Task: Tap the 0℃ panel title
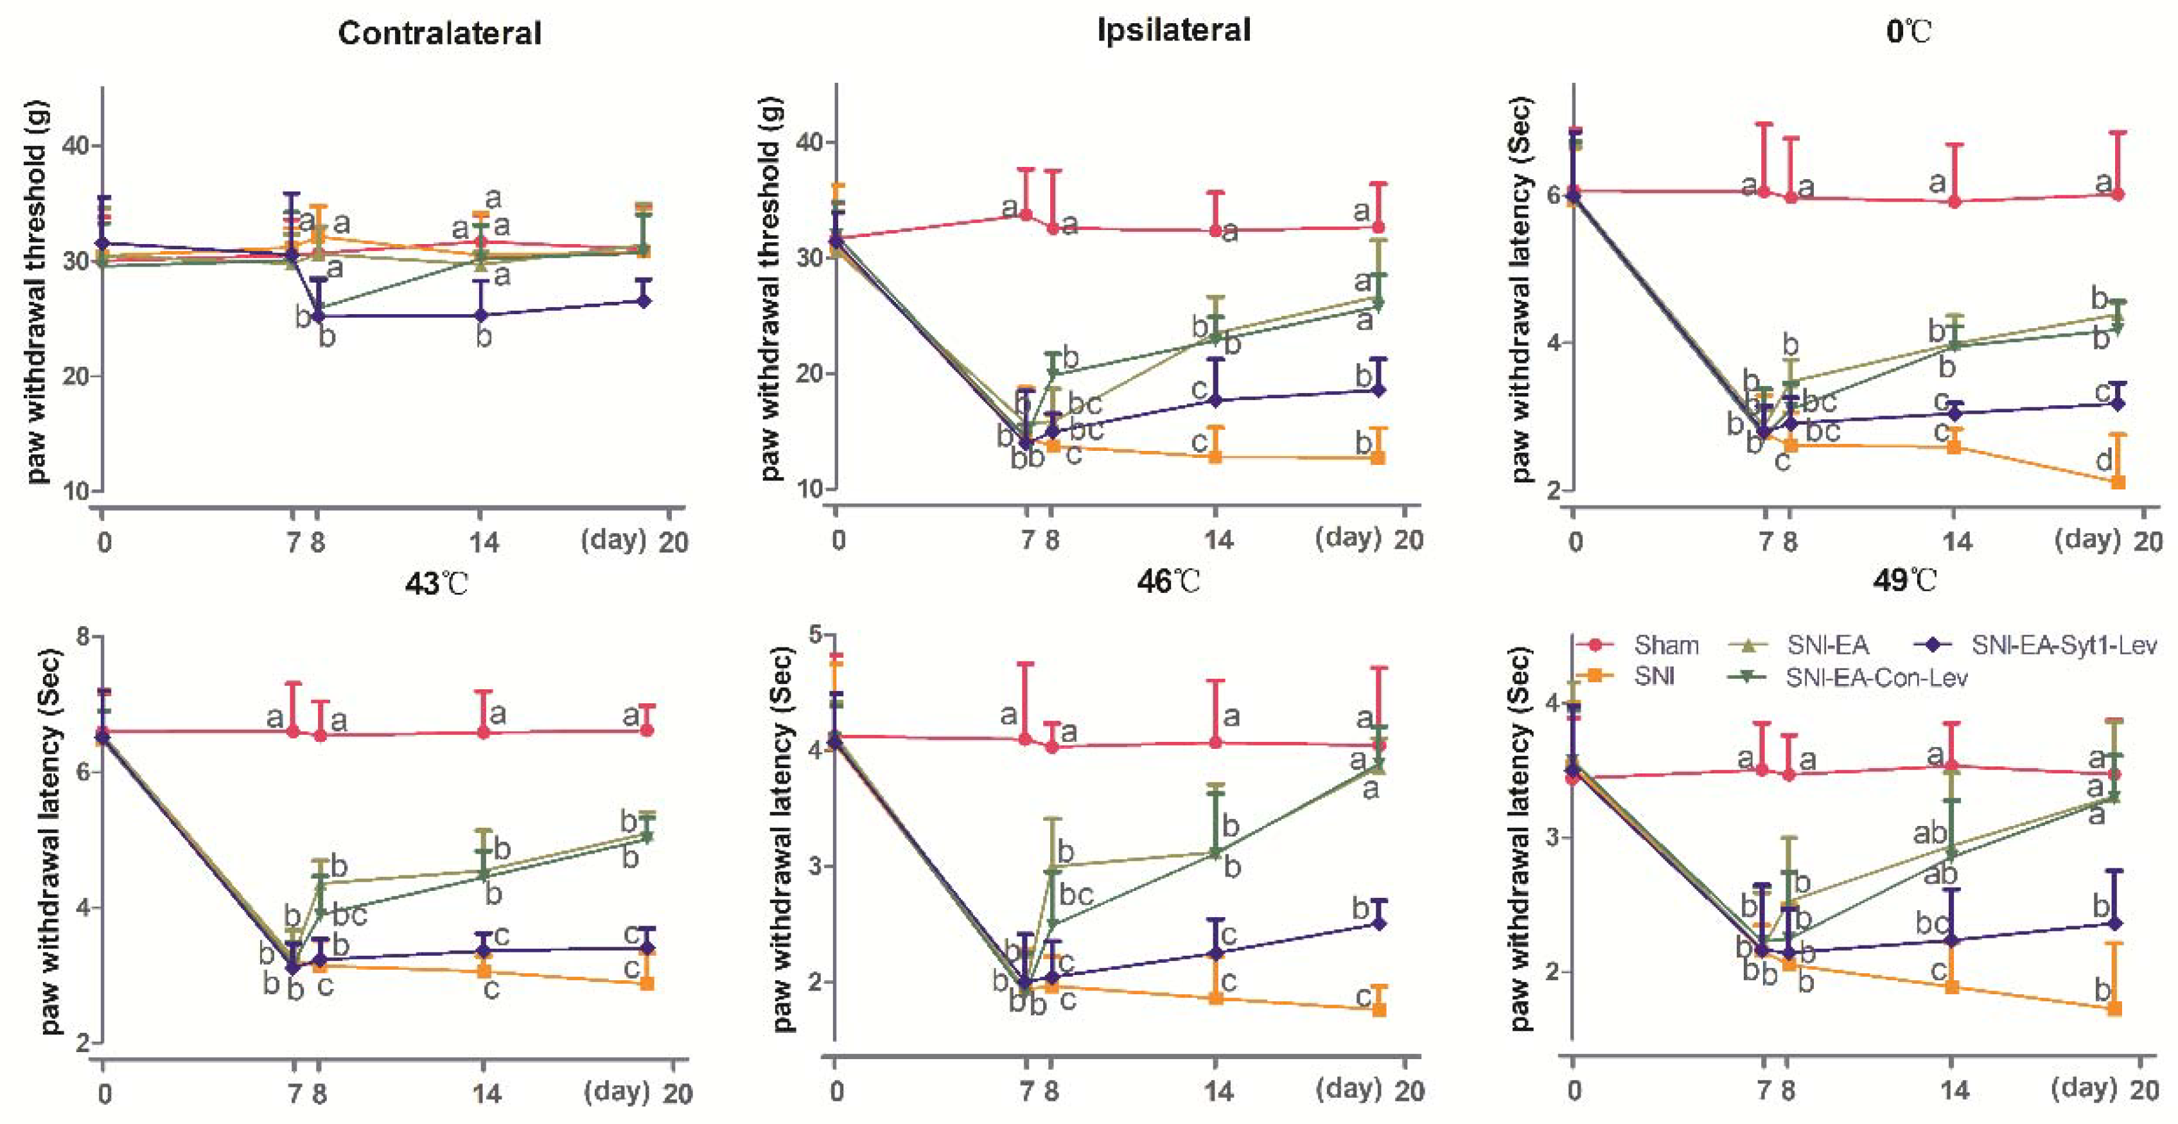[1908, 32]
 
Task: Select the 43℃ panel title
[436, 584]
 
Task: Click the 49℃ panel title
[1904, 580]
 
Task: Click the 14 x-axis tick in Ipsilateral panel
[1218, 540]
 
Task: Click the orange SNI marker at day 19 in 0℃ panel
[2118, 482]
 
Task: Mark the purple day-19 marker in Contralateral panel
[644, 301]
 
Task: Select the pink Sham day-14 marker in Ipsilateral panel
[1215, 230]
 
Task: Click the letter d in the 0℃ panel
[2104, 460]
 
